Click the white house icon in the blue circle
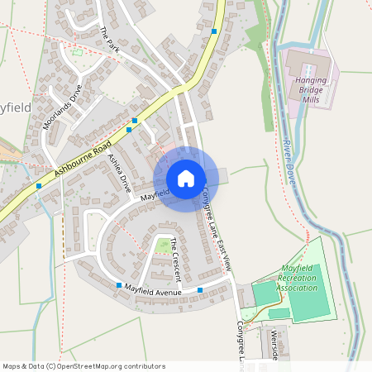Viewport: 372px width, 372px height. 186,179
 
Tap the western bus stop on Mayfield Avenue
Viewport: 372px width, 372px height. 119,285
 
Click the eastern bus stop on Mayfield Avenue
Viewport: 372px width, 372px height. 200,290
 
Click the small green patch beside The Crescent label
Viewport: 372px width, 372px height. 163,246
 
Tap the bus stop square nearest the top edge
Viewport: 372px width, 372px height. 214,31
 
